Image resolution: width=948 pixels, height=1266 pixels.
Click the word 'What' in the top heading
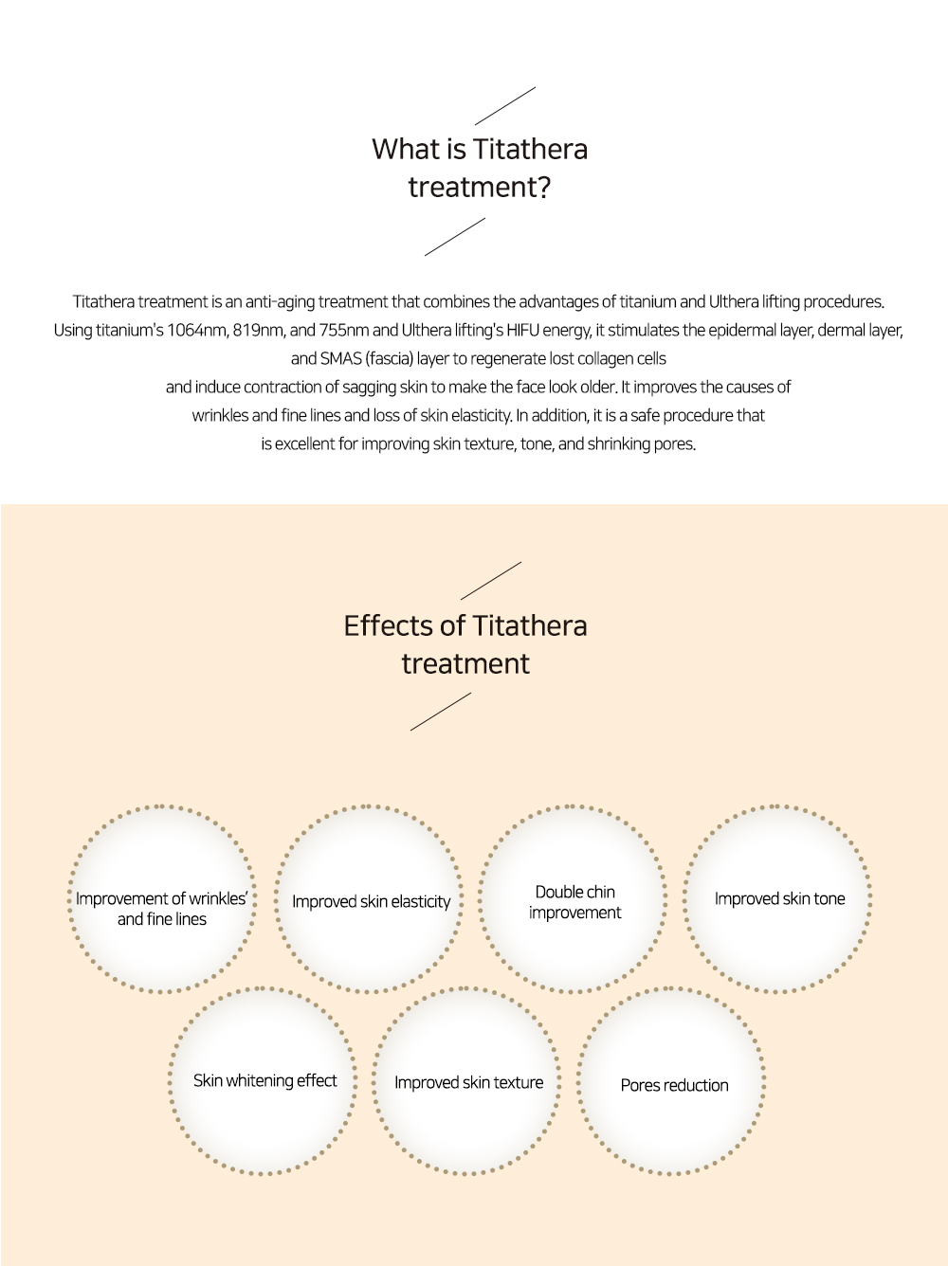tap(406, 149)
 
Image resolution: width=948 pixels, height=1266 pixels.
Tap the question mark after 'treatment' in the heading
tap(543, 188)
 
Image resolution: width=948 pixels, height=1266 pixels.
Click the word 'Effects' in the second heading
tap(387, 625)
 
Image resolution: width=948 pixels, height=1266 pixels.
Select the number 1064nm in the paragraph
tap(198, 331)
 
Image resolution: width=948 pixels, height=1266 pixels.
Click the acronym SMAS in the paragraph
tap(341, 359)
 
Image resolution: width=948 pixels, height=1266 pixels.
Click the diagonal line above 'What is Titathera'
tap(505, 106)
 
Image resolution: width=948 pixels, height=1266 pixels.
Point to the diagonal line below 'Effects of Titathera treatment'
tap(441, 712)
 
